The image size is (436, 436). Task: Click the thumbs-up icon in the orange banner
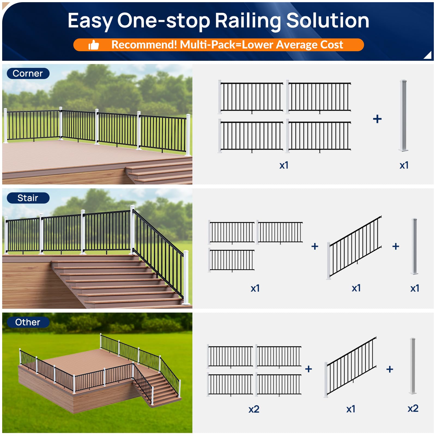pos(94,45)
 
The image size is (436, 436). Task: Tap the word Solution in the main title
pos(328,21)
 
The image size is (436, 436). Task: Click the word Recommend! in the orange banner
pos(144,45)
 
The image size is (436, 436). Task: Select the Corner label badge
pos(28,74)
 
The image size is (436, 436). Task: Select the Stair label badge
pos(28,198)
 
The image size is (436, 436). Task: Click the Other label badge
pos(28,322)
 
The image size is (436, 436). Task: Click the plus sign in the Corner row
pos(377,119)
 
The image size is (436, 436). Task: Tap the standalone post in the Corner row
pos(404,115)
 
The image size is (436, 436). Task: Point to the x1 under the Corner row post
pos(404,165)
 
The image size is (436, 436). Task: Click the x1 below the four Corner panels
pos(284,165)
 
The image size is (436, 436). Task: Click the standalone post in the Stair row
pos(414,246)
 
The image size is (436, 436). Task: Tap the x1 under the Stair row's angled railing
pos(356,288)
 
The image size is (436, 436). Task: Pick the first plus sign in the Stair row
pos(315,246)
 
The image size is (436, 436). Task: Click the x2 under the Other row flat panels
pos(254,409)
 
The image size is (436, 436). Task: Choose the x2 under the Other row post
pos(413,408)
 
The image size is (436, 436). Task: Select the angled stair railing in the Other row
pos(351,367)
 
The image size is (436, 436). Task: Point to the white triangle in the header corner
pos(428,55)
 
